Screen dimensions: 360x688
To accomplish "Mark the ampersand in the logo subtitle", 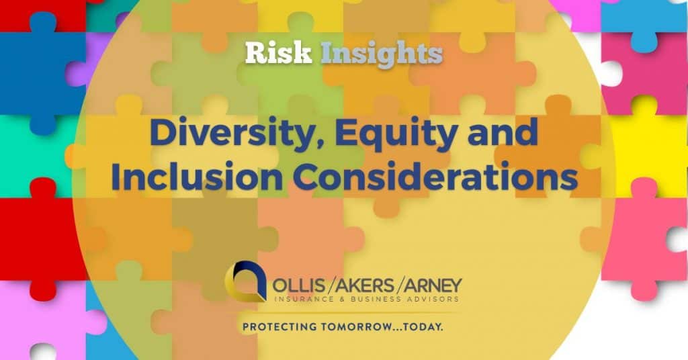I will point(345,299).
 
